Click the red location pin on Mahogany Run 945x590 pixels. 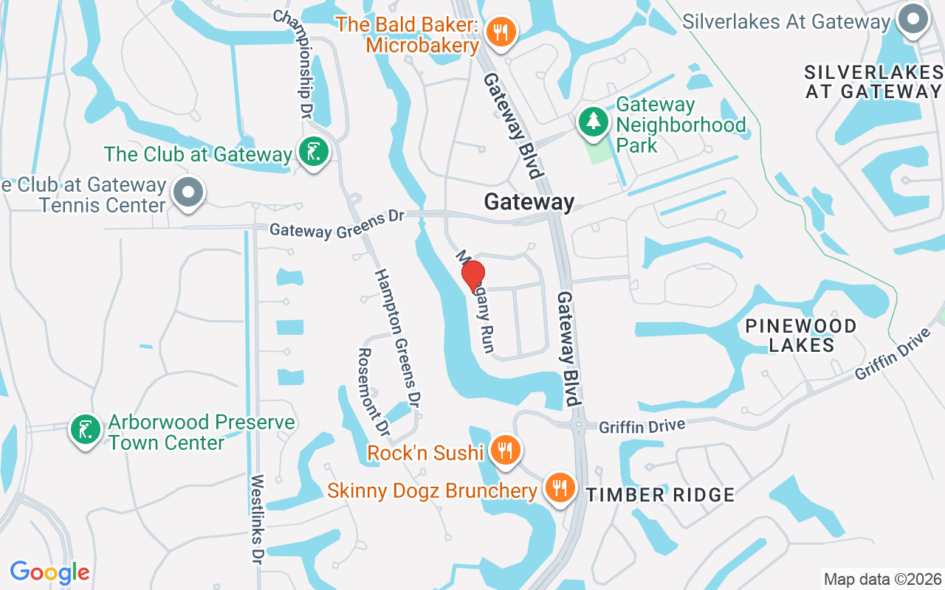coord(472,276)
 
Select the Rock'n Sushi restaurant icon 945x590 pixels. coord(505,451)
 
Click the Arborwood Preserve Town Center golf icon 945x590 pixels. coord(86,430)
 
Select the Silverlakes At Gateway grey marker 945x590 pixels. coord(913,20)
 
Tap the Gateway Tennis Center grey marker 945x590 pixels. coord(188,192)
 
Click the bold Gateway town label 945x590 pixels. coord(529,201)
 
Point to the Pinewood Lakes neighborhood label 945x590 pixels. coord(801,335)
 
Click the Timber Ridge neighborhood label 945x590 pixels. coord(661,495)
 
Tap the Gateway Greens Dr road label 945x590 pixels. coord(337,224)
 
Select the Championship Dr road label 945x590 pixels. coord(293,64)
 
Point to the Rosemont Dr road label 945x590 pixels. coord(372,392)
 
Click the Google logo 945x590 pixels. coord(49,572)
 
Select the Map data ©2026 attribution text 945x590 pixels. coord(882,579)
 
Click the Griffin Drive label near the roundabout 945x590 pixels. coord(642,426)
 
